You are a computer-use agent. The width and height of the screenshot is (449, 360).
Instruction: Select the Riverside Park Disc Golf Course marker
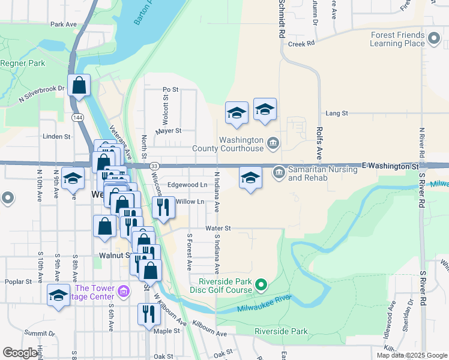(261, 284)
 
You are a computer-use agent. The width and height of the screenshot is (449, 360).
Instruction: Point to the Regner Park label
(23, 63)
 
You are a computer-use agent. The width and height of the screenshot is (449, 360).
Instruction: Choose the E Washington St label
(389, 164)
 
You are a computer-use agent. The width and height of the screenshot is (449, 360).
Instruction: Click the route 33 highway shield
(155, 166)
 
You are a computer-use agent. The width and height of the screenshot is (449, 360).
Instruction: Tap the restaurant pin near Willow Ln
(163, 208)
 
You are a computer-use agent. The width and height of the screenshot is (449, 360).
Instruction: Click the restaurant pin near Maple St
(147, 314)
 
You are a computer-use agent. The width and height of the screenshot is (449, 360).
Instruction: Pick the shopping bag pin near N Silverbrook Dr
(79, 86)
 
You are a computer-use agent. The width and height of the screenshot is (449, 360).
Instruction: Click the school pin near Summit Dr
(58, 295)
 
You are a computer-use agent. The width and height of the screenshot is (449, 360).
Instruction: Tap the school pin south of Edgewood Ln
(250, 178)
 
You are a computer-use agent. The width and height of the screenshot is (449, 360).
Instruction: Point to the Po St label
(170, 89)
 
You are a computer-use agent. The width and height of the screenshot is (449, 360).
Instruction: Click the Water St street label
(217, 228)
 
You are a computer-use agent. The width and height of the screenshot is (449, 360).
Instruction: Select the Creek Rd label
(301, 44)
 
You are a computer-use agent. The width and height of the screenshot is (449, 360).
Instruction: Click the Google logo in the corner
(20, 353)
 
